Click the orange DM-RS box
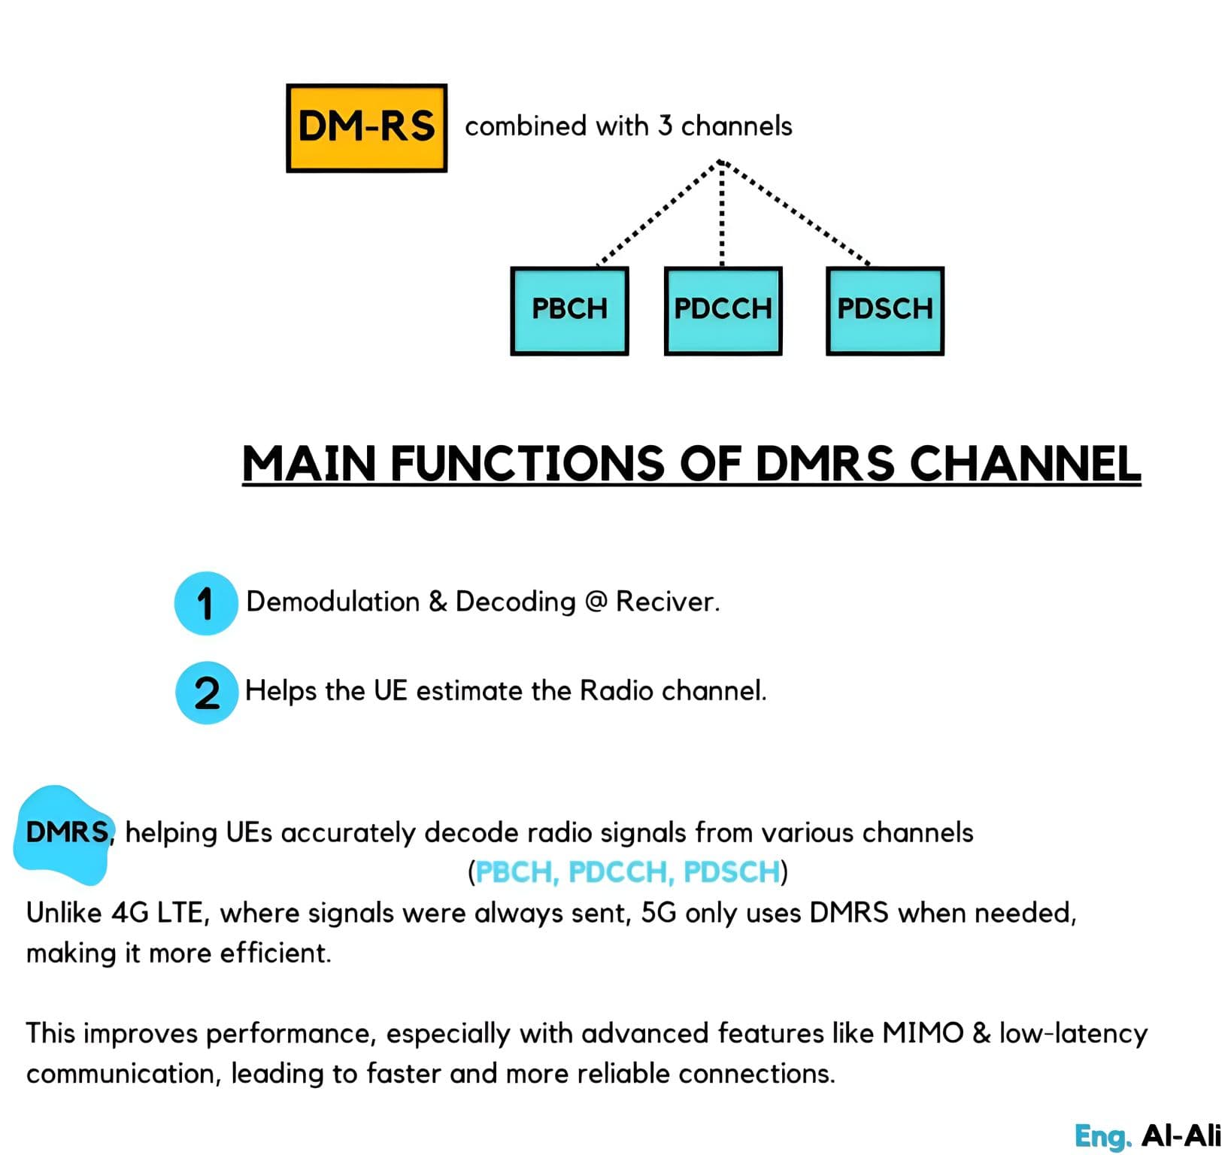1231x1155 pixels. (366, 128)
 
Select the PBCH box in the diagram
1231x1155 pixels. (569, 310)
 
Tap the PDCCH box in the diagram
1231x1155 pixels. (723, 310)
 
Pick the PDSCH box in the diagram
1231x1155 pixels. (884, 310)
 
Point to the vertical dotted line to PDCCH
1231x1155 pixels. (722, 218)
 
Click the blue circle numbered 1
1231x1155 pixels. (205, 603)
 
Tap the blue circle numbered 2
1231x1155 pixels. (207, 693)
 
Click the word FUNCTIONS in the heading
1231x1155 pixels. (527, 463)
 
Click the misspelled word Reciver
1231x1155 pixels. (667, 602)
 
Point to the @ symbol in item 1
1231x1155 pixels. (596, 602)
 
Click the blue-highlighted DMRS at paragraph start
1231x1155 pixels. (67, 832)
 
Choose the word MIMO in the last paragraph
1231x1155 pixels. (923, 1033)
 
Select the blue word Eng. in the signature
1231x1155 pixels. (1102, 1135)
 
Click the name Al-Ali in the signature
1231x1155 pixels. (1181, 1135)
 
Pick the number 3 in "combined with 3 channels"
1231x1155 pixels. (665, 126)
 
